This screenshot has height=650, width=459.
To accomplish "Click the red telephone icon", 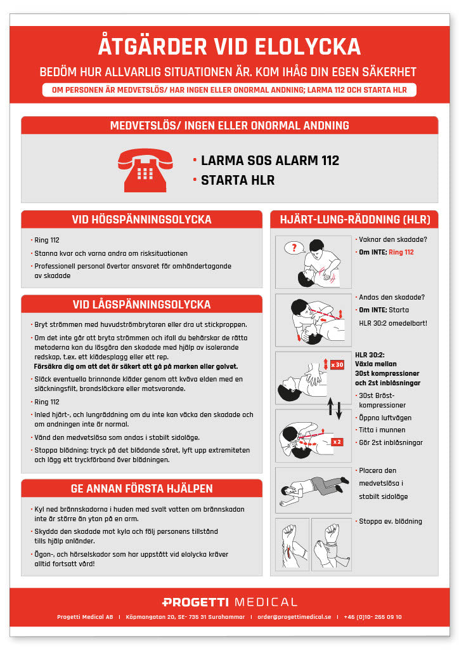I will pyautogui.click(x=145, y=170).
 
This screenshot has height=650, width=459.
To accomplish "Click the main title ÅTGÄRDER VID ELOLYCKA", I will pyautogui.click(x=229, y=47).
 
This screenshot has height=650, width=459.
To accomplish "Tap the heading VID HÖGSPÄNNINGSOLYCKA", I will pyautogui.click(x=141, y=220).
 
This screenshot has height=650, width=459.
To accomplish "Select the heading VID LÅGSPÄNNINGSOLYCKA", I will pyautogui.click(x=141, y=304).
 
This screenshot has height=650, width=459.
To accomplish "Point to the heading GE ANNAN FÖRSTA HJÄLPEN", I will pyautogui.click(x=141, y=488).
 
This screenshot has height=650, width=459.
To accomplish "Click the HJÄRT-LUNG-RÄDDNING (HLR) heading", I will pyautogui.click(x=354, y=220).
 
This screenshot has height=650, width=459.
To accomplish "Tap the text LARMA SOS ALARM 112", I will pyautogui.click(x=269, y=161).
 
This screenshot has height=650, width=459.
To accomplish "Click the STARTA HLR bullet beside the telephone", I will pyautogui.click(x=238, y=180).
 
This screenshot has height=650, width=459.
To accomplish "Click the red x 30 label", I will pyautogui.click(x=337, y=364).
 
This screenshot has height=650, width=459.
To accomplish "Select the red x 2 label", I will pyautogui.click(x=337, y=441).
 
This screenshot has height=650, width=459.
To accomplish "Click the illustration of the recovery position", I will pyautogui.click(x=313, y=489).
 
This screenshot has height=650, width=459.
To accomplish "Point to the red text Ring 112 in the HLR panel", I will pyautogui.click(x=401, y=252).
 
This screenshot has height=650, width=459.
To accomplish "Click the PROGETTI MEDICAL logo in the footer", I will pyautogui.click(x=229, y=602).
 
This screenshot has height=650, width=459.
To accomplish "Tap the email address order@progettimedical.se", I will pyautogui.click(x=294, y=617).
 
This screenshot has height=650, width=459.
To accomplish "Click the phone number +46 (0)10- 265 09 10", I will pyautogui.click(x=372, y=617).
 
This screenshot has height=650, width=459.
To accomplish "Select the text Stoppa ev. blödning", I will pyautogui.click(x=390, y=522).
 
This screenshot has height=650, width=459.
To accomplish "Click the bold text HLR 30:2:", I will pyautogui.click(x=369, y=355).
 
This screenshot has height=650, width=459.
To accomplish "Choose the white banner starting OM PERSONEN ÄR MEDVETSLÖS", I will pyautogui.click(x=229, y=90).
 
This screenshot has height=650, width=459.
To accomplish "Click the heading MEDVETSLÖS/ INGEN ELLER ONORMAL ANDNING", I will pyautogui.click(x=229, y=125).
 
